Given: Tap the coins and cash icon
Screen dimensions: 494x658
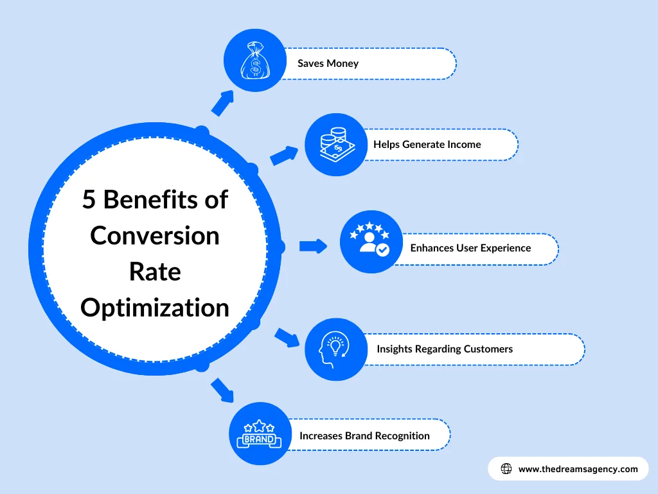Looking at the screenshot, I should click(x=334, y=145).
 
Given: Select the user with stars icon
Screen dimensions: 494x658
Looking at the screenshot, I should click(x=370, y=241).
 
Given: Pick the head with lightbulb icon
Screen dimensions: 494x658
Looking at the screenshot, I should click(x=334, y=349).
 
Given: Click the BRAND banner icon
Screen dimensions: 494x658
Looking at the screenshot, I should click(x=259, y=434).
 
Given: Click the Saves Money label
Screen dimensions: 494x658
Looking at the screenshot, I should click(x=328, y=63).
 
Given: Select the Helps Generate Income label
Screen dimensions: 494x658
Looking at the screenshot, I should click(x=427, y=145).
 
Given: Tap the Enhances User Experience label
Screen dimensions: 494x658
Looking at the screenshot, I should click(x=470, y=248).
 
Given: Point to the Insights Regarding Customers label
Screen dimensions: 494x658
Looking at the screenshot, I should click(x=445, y=349).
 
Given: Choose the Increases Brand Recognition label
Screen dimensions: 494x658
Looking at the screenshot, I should click(x=364, y=435).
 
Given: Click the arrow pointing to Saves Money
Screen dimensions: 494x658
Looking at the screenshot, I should click(x=222, y=102).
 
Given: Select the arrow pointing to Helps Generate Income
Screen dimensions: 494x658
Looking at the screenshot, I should click(x=284, y=155).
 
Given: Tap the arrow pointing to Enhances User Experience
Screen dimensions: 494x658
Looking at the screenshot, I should click(x=313, y=246).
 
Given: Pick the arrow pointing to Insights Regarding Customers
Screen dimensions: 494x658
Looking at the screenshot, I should click(x=287, y=338).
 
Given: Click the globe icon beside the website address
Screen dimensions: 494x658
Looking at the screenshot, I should click(x=506, y=469).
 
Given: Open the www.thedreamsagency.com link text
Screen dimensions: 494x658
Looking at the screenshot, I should click(x=578, y=469).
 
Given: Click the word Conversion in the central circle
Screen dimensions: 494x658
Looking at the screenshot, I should click(x=155, y=235).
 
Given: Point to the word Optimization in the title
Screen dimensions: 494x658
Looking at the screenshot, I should click(x=155, y=307).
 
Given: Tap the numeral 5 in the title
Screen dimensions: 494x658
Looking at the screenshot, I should click(x=89, y=200).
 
